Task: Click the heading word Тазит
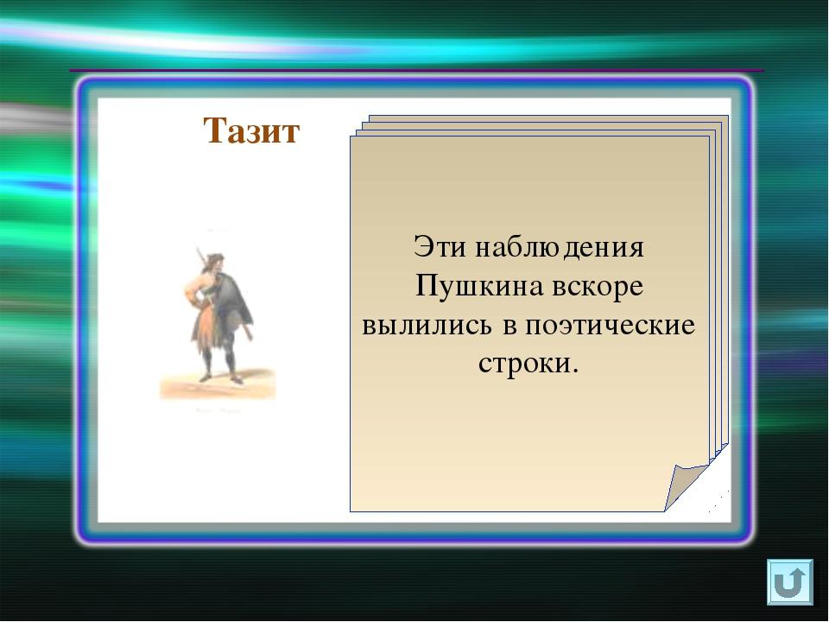[251, 130]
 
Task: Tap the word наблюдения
[559, 248]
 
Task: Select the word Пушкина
[479, 286]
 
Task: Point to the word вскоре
[598, 287]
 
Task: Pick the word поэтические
[610, 327]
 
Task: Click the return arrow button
[790, 581]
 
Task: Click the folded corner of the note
[687, 484]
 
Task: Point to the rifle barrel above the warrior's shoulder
[201, 257]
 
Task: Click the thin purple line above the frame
[416, 70]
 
